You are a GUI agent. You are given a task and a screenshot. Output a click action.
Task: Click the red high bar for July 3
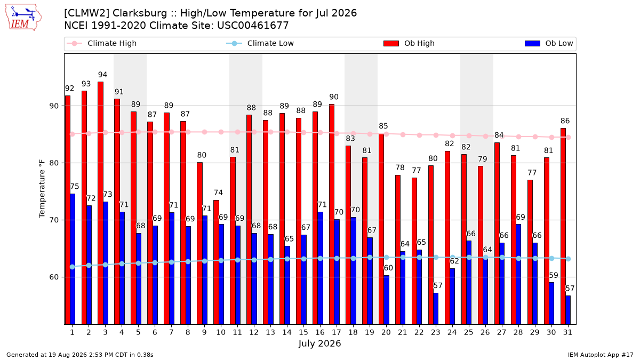(x=101, y=203)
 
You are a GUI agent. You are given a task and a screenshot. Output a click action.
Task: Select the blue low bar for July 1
(x=73, y=259)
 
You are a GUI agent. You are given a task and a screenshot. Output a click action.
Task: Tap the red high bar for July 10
(x=217, y=262)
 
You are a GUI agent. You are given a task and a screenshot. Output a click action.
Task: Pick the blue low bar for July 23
(x=436, y=309)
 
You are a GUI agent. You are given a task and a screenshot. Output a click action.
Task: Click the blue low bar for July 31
(x=568, y=310)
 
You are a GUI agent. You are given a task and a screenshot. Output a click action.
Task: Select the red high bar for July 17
(x=332, y=214)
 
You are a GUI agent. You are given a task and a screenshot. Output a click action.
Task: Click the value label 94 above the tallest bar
(x=102, y=75)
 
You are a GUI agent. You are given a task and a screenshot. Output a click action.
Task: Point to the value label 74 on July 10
(x=218, y=193)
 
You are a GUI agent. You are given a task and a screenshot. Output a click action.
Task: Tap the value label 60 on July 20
(x=388, y=268)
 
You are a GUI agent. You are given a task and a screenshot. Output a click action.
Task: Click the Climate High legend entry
(x=101, y=43)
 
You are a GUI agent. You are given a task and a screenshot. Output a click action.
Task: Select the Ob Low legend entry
(x=549, y=43)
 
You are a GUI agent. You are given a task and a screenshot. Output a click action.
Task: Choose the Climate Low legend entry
(x=260, y=43)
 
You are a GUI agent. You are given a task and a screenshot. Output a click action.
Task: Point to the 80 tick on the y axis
(x=54, y=163)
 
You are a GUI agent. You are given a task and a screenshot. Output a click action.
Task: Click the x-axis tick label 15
(x=303, y=332)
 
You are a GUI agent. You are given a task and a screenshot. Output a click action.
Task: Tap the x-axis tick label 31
(x=567, y=332)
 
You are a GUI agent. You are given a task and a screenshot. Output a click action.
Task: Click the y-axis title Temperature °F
(x=42, y=189)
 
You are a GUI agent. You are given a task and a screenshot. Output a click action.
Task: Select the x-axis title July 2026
(x=319, y=343)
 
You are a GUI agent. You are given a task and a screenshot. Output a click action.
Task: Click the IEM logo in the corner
(x=23, y=18)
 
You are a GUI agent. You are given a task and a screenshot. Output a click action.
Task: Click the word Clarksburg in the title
(x=140, y=13)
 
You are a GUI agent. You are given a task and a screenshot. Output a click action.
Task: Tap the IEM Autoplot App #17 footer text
(x=601, y=355)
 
